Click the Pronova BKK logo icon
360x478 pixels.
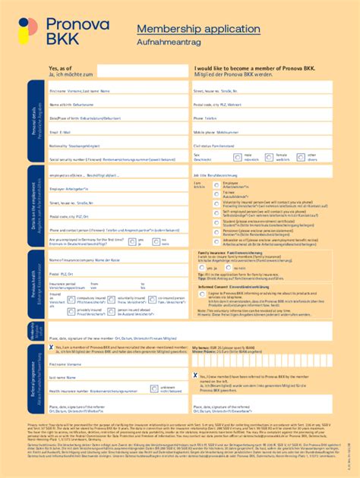tap(25, 32)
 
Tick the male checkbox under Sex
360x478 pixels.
tap(238, 158)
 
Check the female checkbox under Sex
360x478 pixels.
tap(270, 158)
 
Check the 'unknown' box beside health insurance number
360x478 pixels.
tap(154, 389)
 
